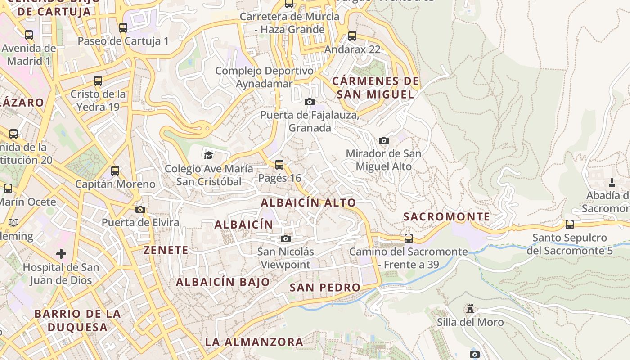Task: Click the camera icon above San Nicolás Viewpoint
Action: coord(286,238)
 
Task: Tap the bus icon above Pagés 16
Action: coord(279,165)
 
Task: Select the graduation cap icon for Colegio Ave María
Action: coord(208,155)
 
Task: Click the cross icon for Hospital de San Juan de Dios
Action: coord(61,254)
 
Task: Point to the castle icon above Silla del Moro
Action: coord(470,309)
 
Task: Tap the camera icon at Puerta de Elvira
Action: coord(140,209)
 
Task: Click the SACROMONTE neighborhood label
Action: coord(446,216)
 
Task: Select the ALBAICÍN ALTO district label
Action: coord(308,202)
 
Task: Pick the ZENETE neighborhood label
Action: coord(166,250)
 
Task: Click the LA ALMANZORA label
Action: coord(254,342)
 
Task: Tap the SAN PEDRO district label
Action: coord(325,287)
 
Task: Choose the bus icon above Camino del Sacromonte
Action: coord(409,238)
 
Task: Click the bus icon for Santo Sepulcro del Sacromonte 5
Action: coord(570,224)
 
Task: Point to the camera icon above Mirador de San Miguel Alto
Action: coord(384,140)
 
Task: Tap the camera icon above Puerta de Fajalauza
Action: coord(310,102)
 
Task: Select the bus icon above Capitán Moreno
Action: coord(115,171)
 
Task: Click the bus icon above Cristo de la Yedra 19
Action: coord(98,81)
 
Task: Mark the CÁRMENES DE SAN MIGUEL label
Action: coord(375,88)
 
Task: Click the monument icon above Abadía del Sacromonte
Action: coord(612,182)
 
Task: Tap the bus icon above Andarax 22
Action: coord(352,36)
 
